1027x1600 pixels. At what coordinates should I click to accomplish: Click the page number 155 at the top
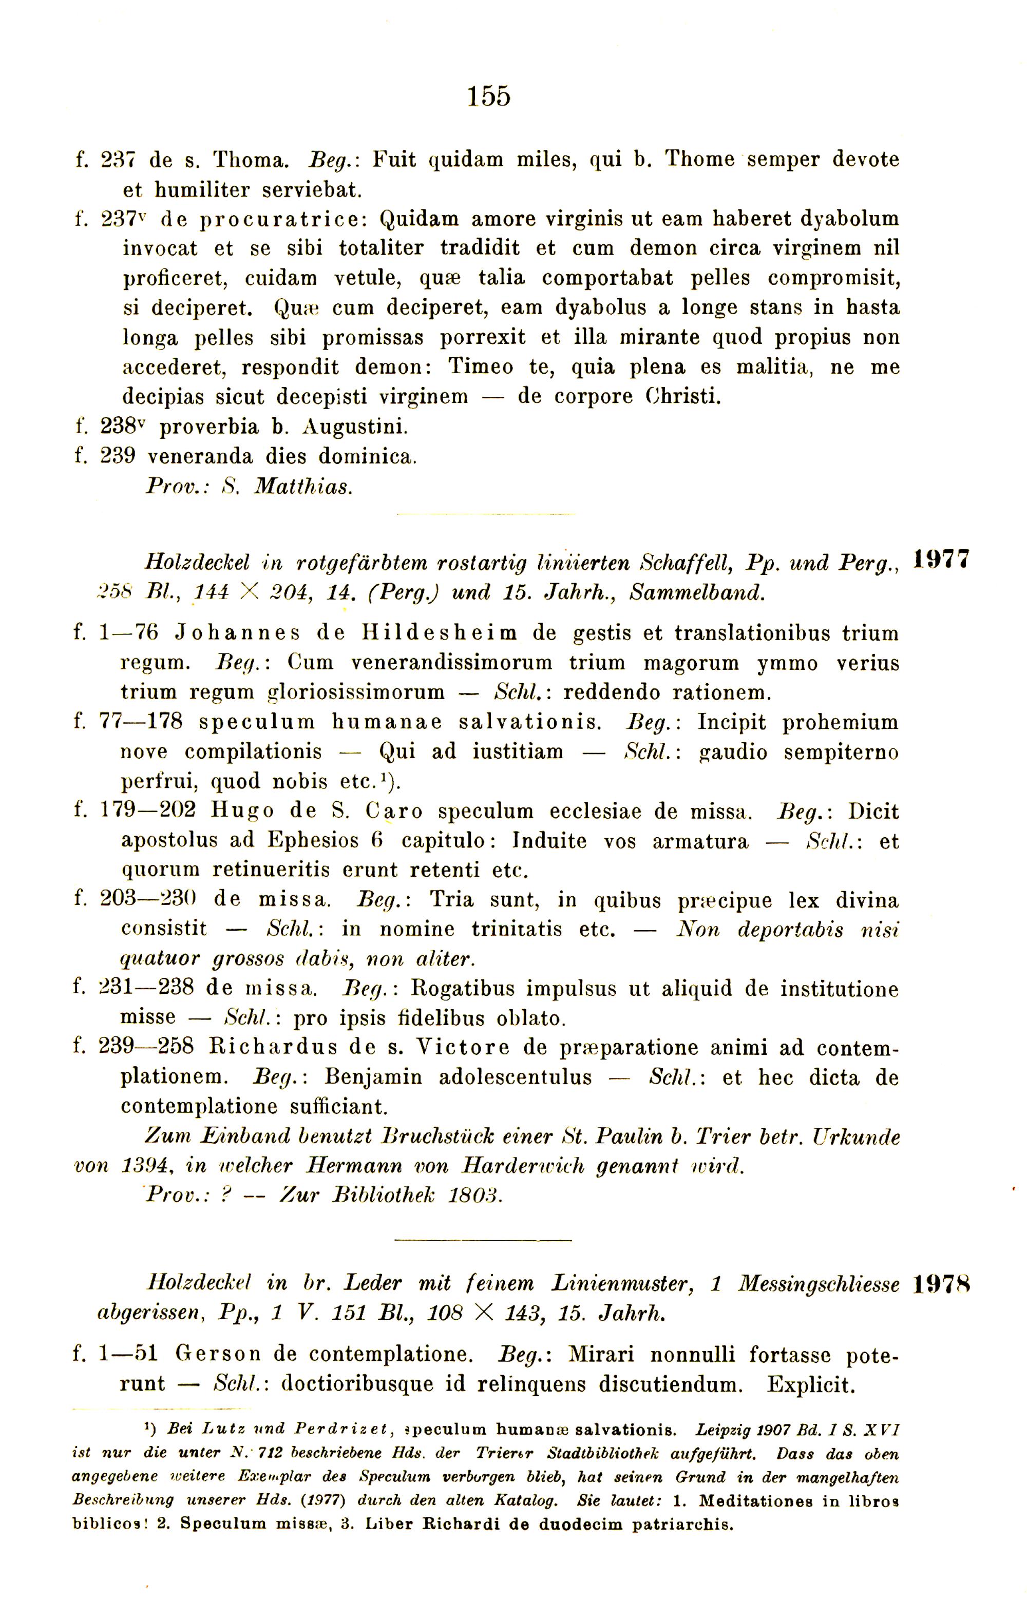point(489,96)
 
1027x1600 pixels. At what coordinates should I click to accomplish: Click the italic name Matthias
point(303,487)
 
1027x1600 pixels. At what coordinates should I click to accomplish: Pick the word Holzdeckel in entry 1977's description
point(197,563)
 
